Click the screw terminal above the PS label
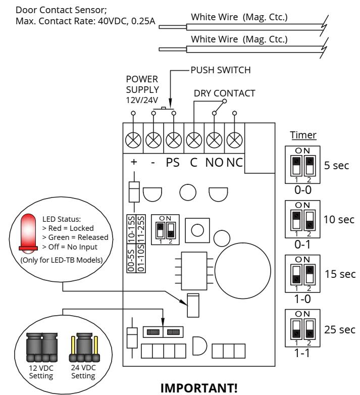pyautogui.click(x=174, y=140)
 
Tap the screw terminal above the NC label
pyautogui.click(x=234, y=140)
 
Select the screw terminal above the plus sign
pyautogui.click(x=133, y=140)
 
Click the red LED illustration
pyautogui.click(x=28, y=233)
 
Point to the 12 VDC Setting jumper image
pyautogui.click(x=42, y=348)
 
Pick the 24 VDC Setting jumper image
pyautogui.click(x=84, y=348)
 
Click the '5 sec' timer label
pyautogui.click(x=336, y=166)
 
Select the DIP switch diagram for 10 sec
pyautogui.click(x=302, y=219)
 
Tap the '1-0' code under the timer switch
pyautogui.click(x=302, y=299)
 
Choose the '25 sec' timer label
pyautogui.click(x=340, y=329)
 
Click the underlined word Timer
pyautogui.click(x=303, y=135)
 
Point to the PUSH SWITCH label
pyautogui.click(x=221, y=70)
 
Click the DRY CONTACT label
pyautogui.click(x=224, y=93)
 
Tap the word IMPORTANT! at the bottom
pyautogui.click(x=199, y=388)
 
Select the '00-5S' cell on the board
pyautogui.click(x=131, y=258)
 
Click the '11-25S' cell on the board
pyautogui.click(x=141, y=229)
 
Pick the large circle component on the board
pyautogui.click(x=243, y=271)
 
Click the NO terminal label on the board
pyautogui.click(x=214, y=163)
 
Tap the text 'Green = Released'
pyautogui.click(x=75, y=237)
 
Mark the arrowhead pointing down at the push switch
pyautogui.click(x=170, y=104)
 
